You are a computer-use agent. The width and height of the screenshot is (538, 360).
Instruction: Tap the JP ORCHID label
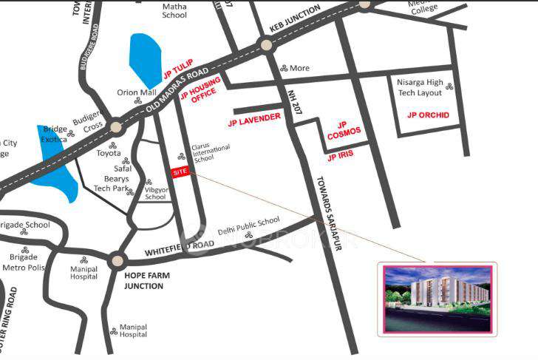428,115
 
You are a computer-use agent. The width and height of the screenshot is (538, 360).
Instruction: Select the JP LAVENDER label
254,118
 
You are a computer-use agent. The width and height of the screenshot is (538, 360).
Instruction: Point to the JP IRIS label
341,156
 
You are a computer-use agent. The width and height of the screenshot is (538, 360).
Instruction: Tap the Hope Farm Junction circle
116,261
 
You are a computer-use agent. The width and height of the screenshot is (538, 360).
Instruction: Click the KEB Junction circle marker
265,46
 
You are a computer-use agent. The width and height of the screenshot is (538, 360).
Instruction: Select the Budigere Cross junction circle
115,126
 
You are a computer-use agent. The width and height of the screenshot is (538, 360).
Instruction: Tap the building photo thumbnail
437,299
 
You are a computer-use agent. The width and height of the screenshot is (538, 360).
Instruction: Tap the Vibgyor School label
155,192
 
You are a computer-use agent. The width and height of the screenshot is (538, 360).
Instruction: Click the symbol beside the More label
282,68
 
